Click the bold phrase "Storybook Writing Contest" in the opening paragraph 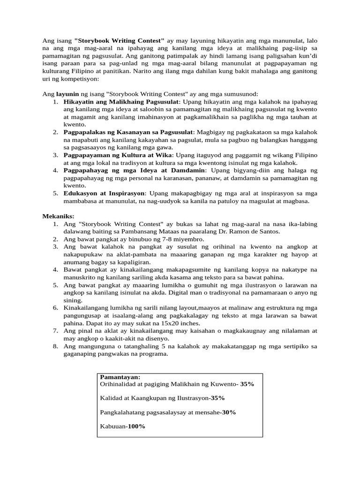119,40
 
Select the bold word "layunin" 68,94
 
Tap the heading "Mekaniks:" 58,216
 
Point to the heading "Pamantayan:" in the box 120,377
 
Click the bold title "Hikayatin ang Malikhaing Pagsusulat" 121,101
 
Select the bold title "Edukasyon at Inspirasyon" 105,193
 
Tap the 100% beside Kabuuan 136,426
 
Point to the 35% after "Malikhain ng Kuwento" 247,384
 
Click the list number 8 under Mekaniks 55,346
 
